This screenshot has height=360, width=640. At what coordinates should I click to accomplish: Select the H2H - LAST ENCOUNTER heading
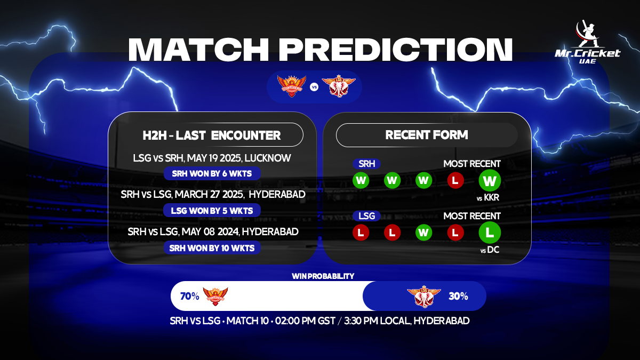[x=212, y=135]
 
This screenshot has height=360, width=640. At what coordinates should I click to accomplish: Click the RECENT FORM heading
[x=427, y=135]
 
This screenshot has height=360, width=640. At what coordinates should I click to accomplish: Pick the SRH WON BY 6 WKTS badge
[x=212, y=173]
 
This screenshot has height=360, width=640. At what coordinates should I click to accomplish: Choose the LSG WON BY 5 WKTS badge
[x=212, y=210]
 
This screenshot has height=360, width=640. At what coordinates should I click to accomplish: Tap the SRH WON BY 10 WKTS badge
[x=212, y=247]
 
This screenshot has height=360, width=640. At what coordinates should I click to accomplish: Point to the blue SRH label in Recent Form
[x=366, y=164]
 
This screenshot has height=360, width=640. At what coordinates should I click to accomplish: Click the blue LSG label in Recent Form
[x=366, y=216]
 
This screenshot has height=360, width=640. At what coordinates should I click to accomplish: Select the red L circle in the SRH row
[x=455, y=180]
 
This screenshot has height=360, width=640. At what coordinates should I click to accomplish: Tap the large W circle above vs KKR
[x=490, y=180]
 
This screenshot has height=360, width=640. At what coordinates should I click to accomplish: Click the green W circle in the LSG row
[x=424, y=233]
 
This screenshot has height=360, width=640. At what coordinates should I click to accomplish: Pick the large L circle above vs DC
[x=490, y=233]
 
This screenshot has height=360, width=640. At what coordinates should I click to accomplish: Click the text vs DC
[x=489, y=250]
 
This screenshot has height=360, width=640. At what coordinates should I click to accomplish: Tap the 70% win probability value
[x=189, y=296]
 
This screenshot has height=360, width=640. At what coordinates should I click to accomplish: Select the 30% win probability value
[x=458, y=296]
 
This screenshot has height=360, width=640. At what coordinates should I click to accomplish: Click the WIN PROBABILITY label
[x=323, y=276]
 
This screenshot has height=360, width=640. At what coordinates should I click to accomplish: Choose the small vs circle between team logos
[x=314, y=86]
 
